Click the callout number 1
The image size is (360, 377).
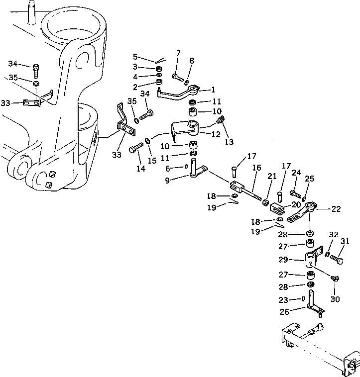pyautogui.click(x=213, y=90)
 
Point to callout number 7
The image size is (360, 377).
pyautogui.click(x=178, y=53)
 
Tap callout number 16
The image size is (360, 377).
pyautogui.click(x=257, y=168)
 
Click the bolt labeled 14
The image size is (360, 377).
pyautogui.click(x=136, y=148)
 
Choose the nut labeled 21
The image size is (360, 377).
pyautogui.click(x=266, y=202)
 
